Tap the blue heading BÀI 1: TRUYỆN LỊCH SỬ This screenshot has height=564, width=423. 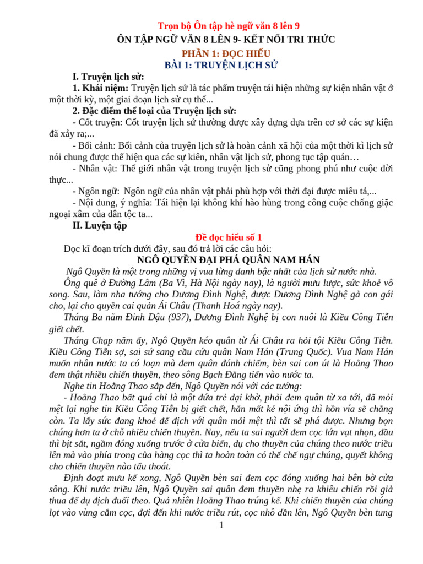tap(221, 65)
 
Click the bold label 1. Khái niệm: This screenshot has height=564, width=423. tap(101, 88)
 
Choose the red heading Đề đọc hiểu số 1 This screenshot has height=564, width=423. tap(221, 237)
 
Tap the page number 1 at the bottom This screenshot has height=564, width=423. tap(221, 525)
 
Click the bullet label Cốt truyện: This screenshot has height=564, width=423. tap(101, 122)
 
